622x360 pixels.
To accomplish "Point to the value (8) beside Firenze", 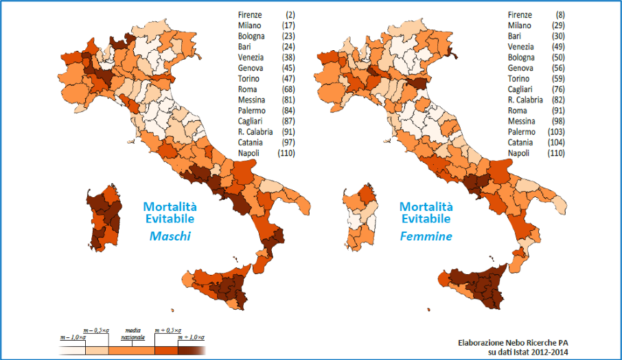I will [x=560, y=15].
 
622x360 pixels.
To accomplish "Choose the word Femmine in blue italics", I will [x=426, y=236].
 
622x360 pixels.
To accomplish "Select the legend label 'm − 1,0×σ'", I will [x=72, y=338].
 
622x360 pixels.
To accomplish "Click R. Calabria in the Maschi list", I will [x=255, y=131].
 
